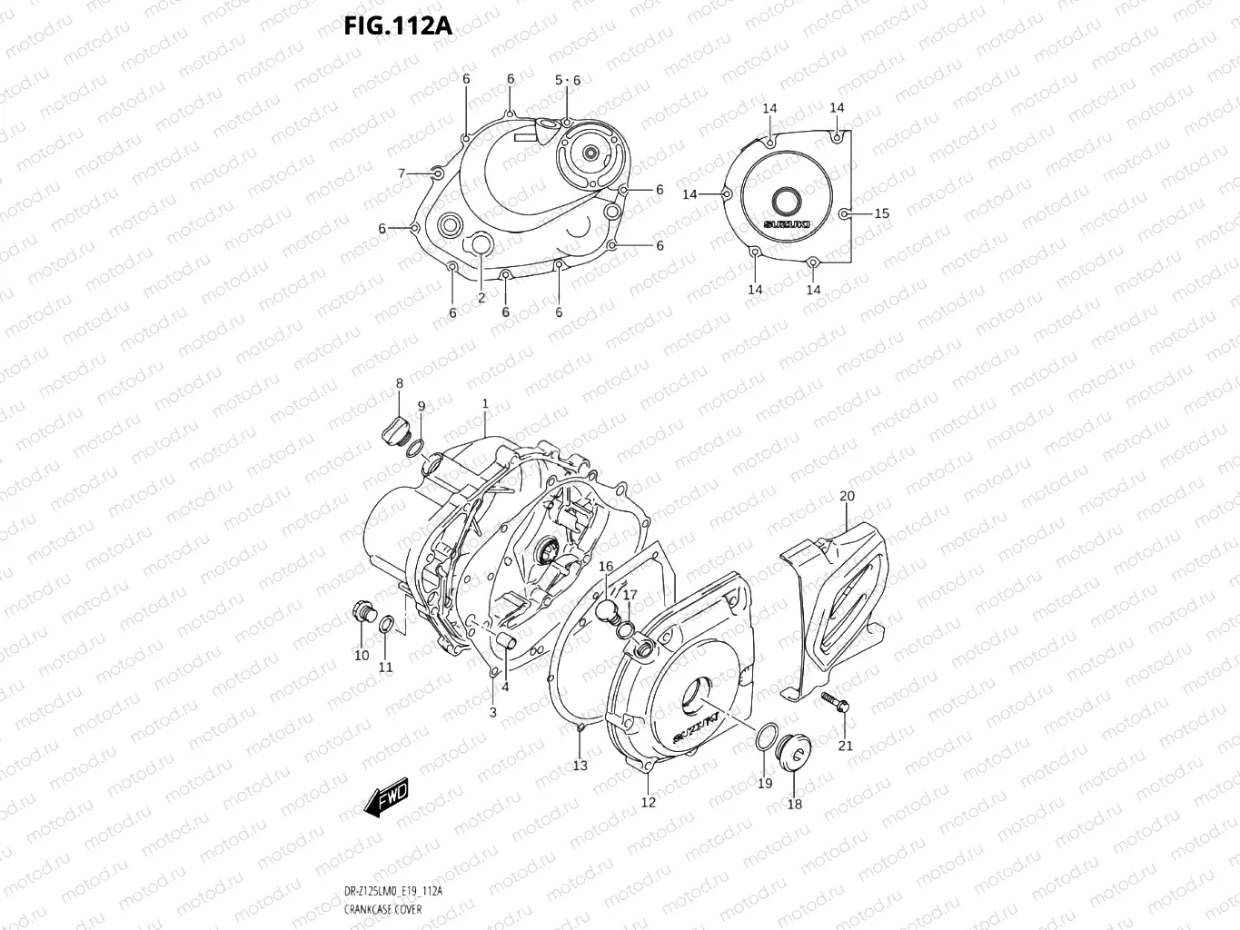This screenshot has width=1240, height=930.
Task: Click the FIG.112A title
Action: [397, 25]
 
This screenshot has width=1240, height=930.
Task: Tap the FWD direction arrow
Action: [385, 796]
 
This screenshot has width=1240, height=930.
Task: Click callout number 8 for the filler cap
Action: [399, 384]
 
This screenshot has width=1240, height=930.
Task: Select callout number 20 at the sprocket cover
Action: [847, 496]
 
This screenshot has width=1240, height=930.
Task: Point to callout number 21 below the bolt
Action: [846, 746]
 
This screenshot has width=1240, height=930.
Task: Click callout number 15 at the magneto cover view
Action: [881, 213]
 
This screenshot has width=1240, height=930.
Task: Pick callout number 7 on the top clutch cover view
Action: [401, 173]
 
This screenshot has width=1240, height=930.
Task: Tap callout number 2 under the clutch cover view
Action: [481, 297]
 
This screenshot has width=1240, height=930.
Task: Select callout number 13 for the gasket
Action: [580, 766]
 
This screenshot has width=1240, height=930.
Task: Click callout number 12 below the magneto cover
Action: [648, 802]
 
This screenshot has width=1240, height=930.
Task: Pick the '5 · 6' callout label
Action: [568, 80]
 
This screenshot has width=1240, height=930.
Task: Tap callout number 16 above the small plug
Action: [606, 567]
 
